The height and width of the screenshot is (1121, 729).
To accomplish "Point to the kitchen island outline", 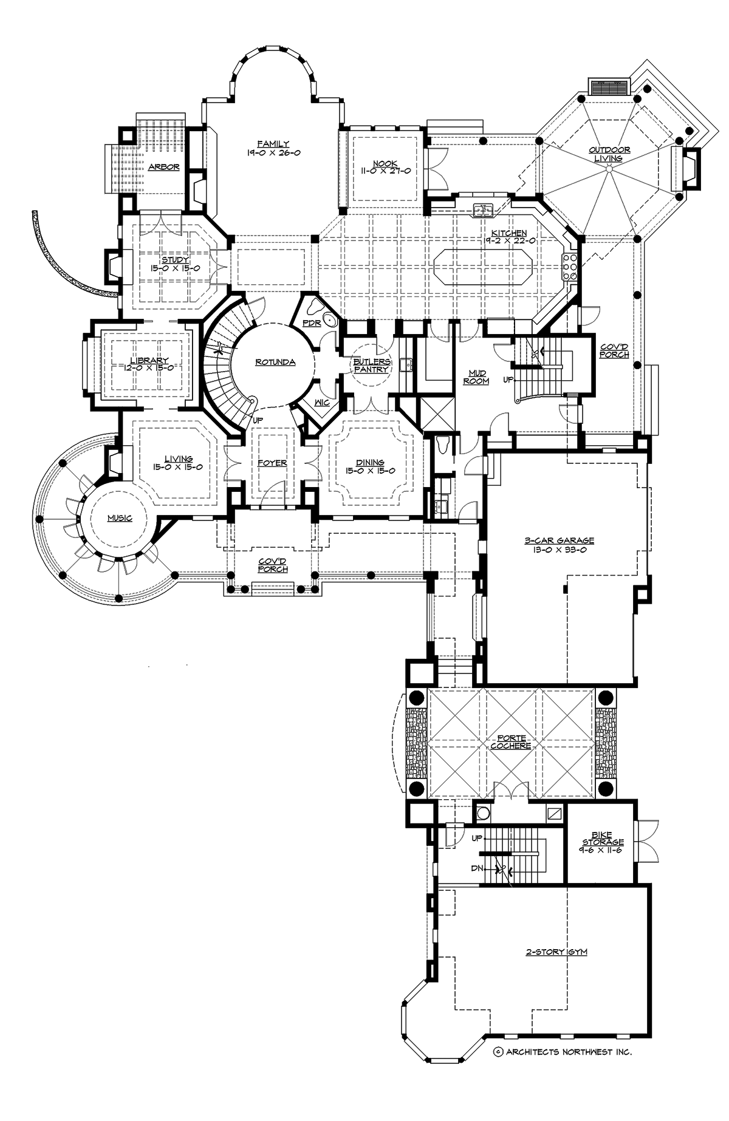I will coord(484,267).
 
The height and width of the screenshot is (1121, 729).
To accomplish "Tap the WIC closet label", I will coord(322,402).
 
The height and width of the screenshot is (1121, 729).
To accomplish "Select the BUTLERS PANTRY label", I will coord(372,366).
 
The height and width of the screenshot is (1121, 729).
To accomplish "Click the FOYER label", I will coord(272,463).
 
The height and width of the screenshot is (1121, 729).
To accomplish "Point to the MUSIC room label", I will coord(119,519).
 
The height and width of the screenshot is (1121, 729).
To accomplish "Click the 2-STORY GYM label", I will coord(556,952).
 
